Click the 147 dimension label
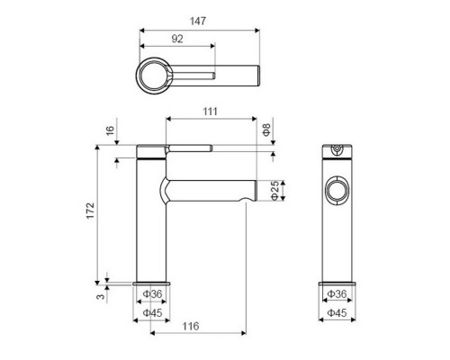(198, 21)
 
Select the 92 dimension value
(177, 39)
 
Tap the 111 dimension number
(210, 112)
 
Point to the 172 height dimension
(91, 211)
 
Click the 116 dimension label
(191, 326)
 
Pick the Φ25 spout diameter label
(274, 191)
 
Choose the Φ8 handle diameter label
(266, 130)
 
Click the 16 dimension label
(110, 130)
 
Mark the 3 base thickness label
(101, 296)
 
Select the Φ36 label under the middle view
(152, 294)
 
